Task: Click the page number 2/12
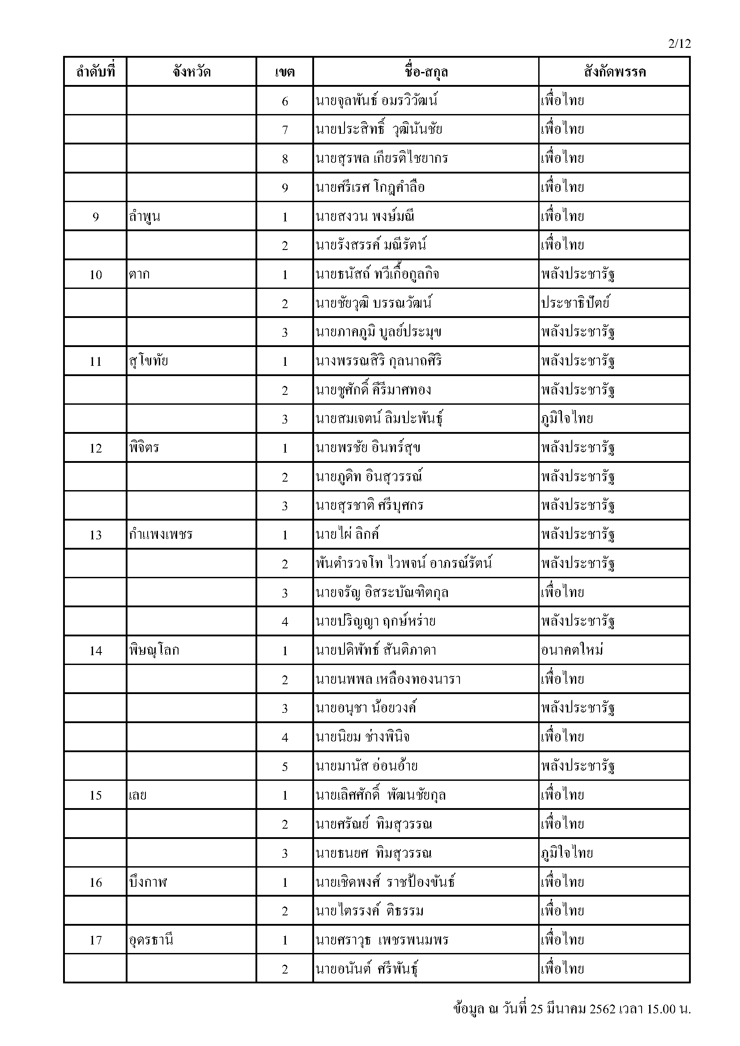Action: (x=680, y=44)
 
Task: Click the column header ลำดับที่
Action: (x=95, y=72)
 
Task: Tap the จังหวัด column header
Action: (x=191, y=72)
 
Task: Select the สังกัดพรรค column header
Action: (x=614, y=72)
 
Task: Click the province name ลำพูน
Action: (x=145, y=216)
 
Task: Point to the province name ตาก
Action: (x=139, y=274)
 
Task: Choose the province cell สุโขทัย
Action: (x=149, y=361)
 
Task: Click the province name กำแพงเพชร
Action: (x=161, y=535)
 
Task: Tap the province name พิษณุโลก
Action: (x=154, y=651)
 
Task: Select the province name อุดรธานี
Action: (x=151, y=940)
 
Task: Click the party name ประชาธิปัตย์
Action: (x=575, y=303)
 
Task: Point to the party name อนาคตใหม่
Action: (x=572, y=651)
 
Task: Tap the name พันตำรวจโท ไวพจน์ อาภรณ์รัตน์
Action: (x=404, y=564)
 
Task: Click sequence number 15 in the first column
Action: (x=95, y=796)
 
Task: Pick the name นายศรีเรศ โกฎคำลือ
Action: (x=370, y=187)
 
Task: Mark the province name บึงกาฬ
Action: (x=148, y=882)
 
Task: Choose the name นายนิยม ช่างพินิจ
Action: (x=362, y=737)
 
